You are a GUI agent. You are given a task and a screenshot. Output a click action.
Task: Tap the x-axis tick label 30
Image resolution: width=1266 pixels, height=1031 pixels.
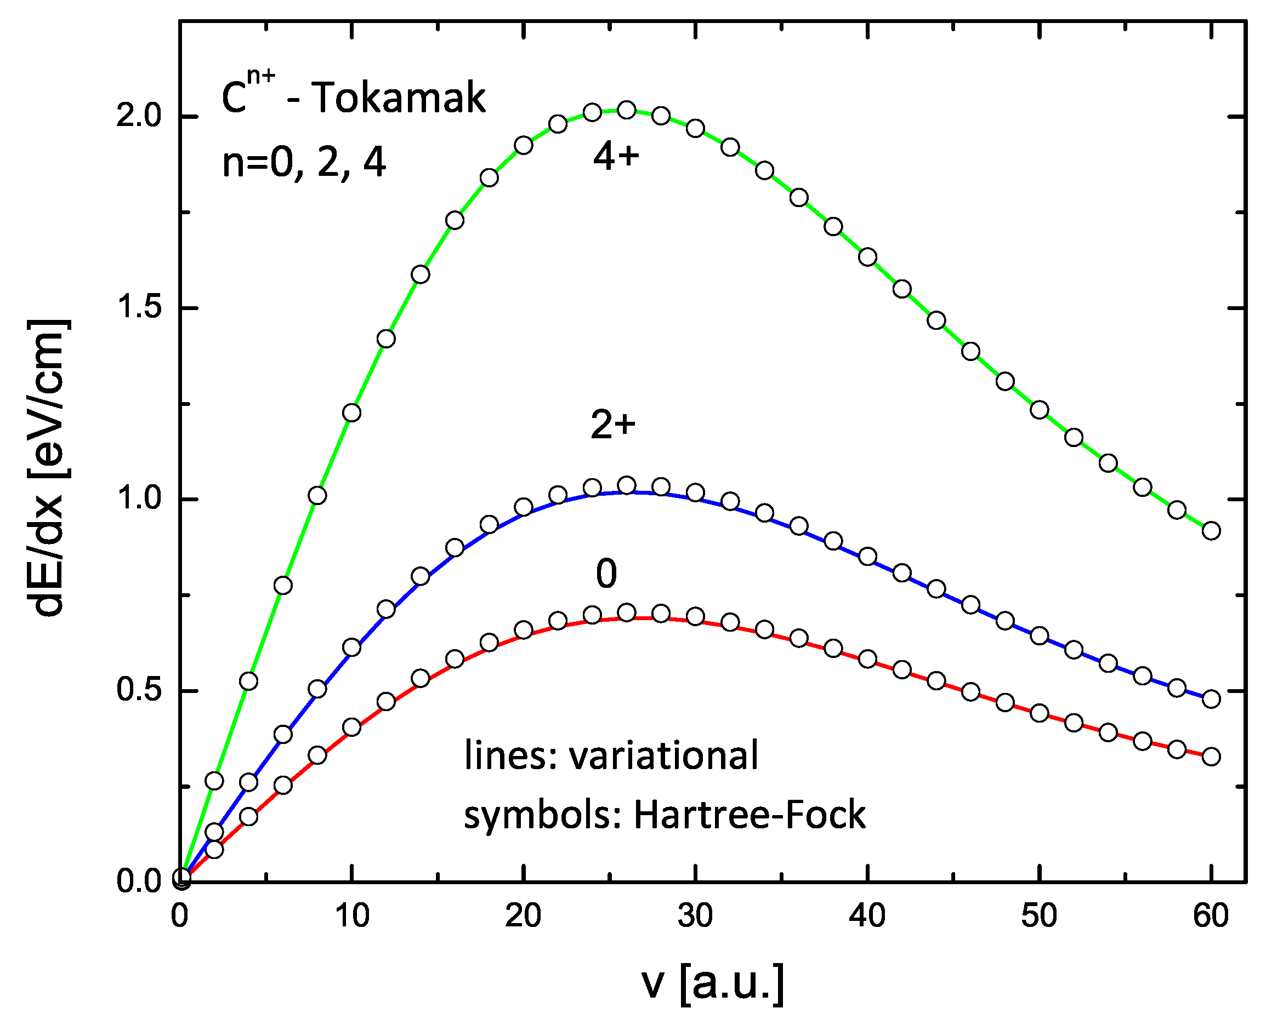click(x=694, y=916)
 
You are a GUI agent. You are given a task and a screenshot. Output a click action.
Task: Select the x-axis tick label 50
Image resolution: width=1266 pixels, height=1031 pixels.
click(x=1038, y=916)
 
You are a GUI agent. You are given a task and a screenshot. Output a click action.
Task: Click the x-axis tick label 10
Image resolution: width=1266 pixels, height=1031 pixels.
click(x=352, y=916)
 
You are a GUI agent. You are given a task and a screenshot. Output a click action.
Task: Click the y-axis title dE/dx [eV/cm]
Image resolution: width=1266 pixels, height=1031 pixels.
click(x=49, y=468)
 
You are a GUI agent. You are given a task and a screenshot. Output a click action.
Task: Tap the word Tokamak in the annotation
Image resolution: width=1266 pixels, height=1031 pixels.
click(x=398, y=98)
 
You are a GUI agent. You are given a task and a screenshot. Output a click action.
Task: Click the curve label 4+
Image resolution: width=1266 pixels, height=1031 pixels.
click(x=616, y=157)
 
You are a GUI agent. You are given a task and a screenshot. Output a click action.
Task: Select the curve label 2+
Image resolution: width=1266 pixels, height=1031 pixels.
click(x=613, y=425)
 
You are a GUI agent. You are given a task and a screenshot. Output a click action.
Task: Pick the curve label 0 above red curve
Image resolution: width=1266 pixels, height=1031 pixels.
click(x=606, y=574)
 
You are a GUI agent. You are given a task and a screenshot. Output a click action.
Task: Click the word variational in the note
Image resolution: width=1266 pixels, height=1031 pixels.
click(x=663, y=756)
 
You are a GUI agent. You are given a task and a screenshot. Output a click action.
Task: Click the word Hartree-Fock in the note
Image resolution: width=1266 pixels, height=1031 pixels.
click(x=749, y=814)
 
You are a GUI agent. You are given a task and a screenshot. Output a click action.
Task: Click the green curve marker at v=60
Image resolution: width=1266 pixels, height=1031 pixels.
click(x=1211, y=531)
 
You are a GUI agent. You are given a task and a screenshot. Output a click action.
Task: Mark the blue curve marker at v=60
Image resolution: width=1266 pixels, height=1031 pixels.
click(x=1211, y=699)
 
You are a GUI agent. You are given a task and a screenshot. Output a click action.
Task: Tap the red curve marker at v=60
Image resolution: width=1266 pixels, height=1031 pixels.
click(x=1211, y=757)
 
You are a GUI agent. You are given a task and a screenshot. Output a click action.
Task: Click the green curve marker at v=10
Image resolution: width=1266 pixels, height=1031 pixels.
click(x=352, y=412)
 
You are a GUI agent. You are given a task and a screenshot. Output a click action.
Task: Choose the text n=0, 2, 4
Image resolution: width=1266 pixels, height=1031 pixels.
click(x=304, y=162)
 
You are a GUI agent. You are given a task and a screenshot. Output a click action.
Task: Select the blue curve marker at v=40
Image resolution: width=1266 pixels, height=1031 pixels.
click(x=867, y=557)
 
